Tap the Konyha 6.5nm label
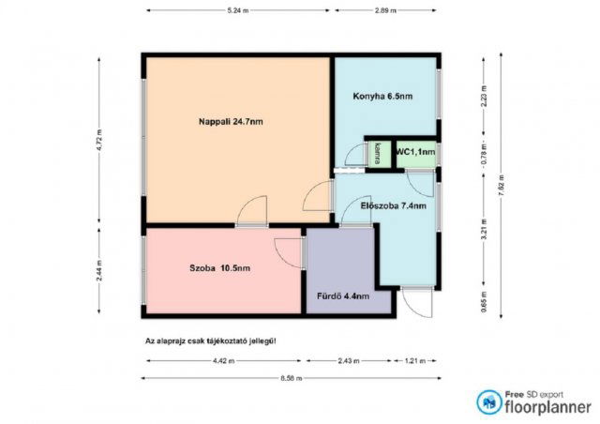(x=382, y=96)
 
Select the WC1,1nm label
(x=414, y=151)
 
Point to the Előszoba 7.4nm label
(x=393, y=204)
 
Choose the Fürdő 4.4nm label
(x=342, y=296)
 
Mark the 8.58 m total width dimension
(x=291, y=377)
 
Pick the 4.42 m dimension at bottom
(x=223, y=360)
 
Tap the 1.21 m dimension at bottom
(x=415, y=360)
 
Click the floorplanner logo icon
(x=488, y=402)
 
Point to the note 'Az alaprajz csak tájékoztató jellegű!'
(x=210, y=341)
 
